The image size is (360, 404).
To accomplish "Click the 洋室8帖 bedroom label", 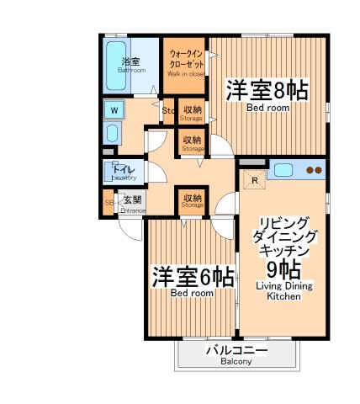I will click(265, 91).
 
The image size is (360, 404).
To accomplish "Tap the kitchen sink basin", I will click(283, 169).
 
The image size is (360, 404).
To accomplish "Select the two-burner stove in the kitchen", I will click(313, 169).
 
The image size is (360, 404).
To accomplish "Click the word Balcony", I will click(236, 362).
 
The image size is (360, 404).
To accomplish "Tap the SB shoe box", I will click(109, 203).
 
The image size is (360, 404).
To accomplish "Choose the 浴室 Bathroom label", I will click(130, 63).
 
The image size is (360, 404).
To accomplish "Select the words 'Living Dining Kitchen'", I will click(283, 291).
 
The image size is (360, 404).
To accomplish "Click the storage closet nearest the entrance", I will click(192, 201).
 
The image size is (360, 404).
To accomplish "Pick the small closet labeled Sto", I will click(167, 110).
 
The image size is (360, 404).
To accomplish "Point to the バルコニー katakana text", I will click(236, 349).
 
